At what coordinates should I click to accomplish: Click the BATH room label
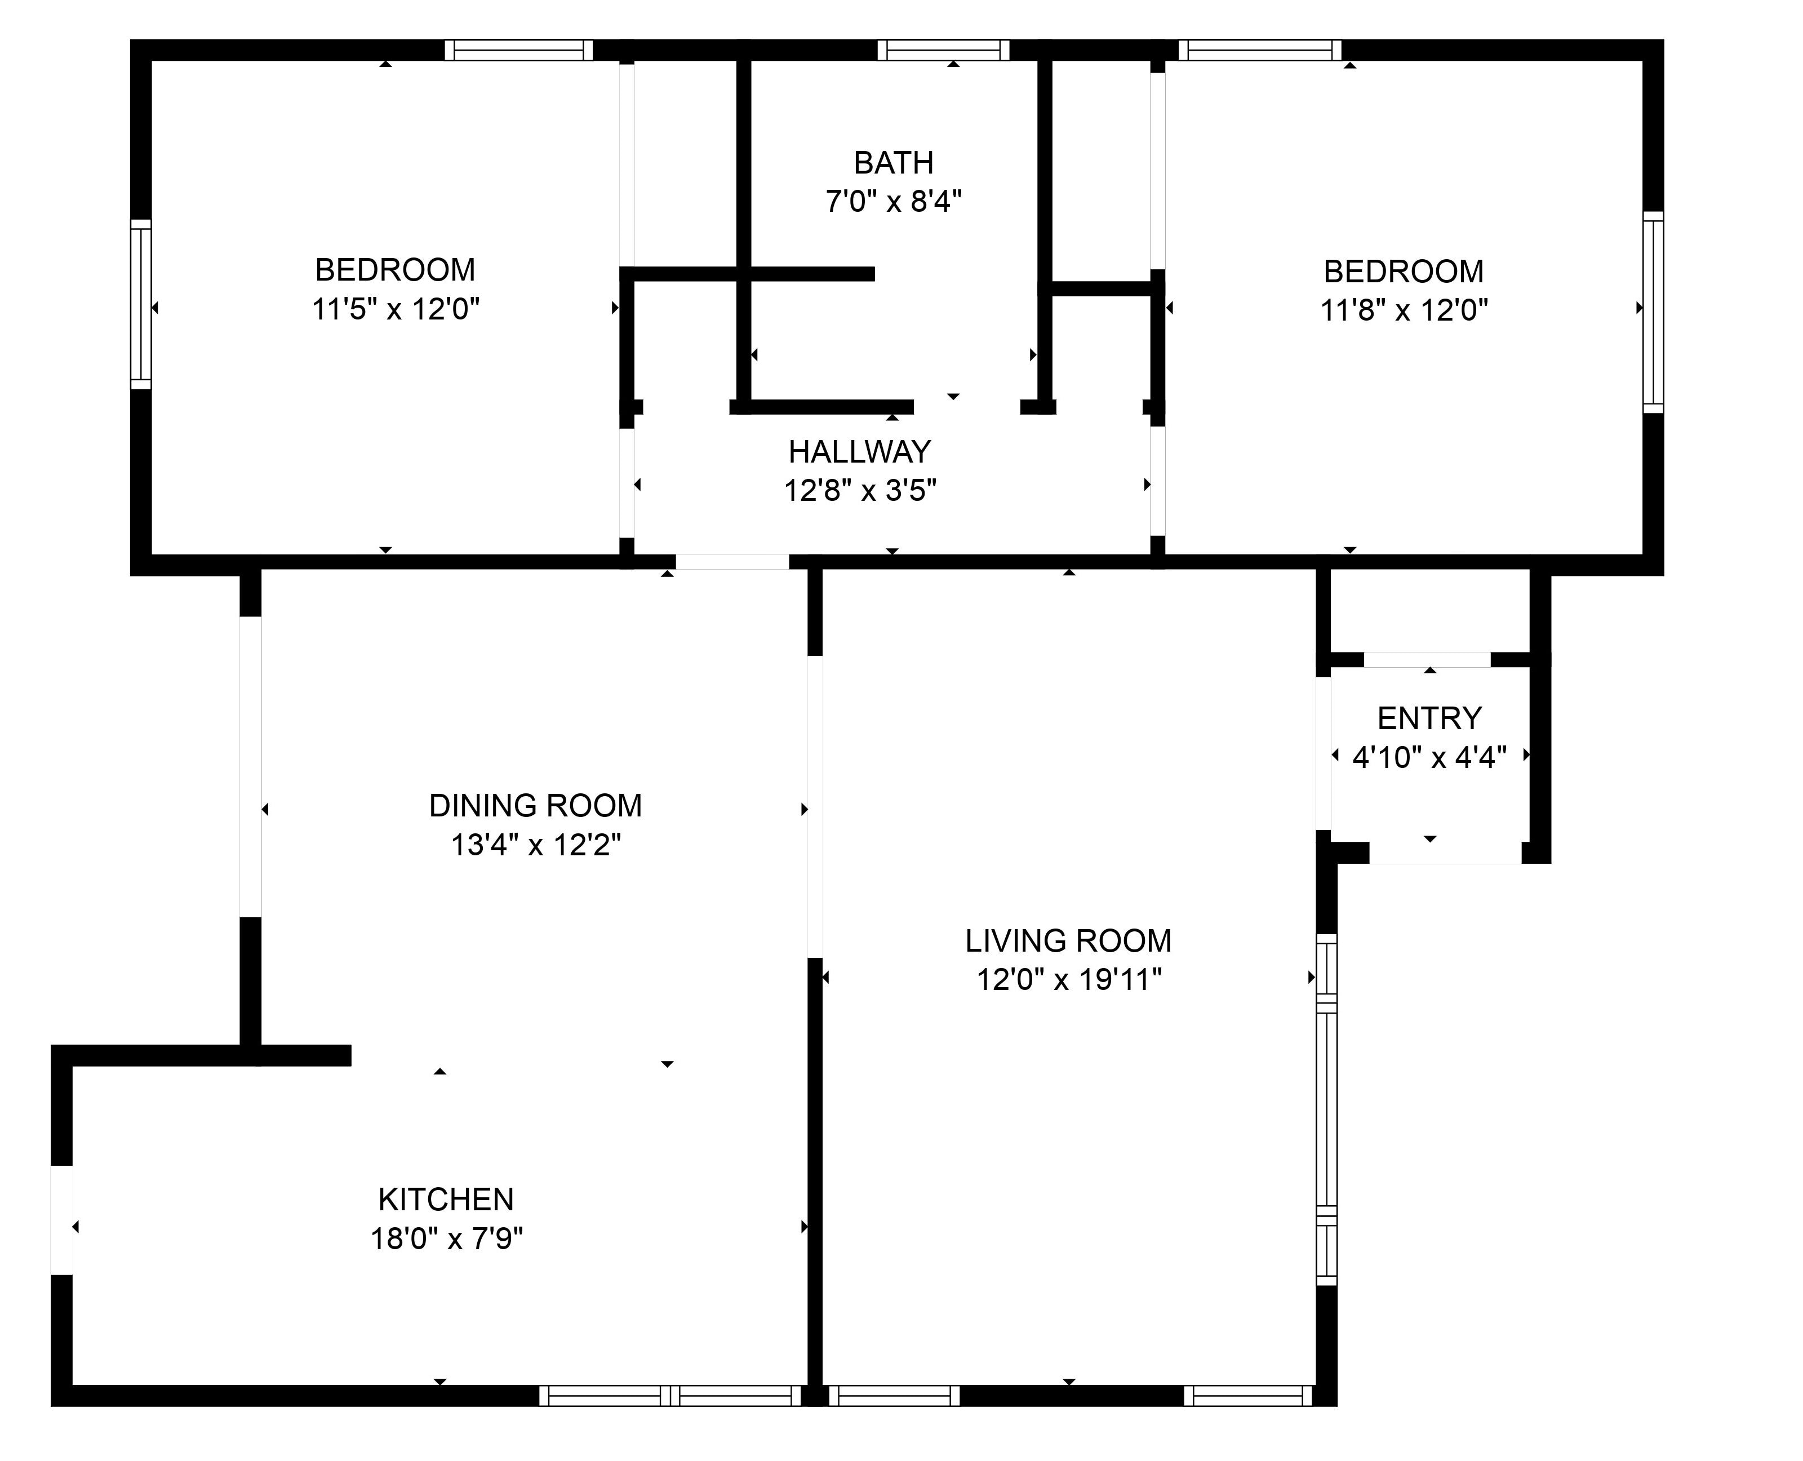[894, 162]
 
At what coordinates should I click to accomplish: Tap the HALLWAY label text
[860, 452]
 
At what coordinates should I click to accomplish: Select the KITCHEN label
[446, 1199]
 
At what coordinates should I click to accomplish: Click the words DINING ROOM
[536, 805]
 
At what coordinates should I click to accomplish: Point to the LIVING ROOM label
[1068, 940]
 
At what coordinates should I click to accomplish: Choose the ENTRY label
[1429, 718]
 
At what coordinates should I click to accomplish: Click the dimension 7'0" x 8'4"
[894, 202]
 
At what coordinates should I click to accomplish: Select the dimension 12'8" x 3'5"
[860, 490]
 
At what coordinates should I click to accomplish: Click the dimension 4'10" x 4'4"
[1429, 757]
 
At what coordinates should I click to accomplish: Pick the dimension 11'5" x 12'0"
[396, 309]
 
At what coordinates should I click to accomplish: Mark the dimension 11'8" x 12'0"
[1404, 310]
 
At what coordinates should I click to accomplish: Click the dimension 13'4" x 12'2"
[536, 844]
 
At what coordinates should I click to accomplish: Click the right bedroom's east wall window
[1653, 312]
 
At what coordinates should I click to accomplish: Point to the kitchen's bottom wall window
[670, 1395]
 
